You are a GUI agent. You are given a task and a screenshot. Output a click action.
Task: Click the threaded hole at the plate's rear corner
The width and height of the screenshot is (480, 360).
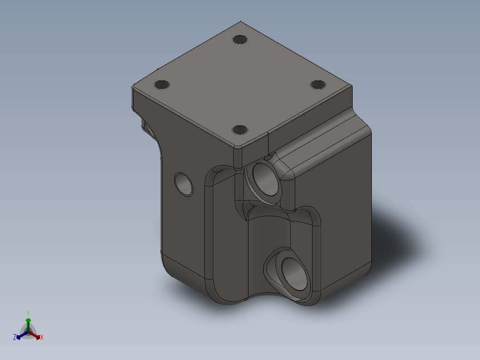click(240, 39)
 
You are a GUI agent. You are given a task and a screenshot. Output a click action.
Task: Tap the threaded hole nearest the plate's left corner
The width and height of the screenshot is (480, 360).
click(162, 84)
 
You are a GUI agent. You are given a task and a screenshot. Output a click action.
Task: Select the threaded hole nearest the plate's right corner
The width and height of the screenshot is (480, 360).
click(318, 84)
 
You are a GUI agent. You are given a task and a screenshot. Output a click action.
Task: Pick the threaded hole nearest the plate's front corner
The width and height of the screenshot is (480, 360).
click(240, 130)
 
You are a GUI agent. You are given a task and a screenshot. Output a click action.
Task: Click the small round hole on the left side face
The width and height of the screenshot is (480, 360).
click(183, 183)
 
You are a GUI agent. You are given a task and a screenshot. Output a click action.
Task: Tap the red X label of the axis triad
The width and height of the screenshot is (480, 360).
click(41, 338)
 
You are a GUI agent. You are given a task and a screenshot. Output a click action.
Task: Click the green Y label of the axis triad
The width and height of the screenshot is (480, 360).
click(28, 313)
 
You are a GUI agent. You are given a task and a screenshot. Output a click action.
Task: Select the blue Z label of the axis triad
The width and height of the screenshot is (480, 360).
click(15, 338)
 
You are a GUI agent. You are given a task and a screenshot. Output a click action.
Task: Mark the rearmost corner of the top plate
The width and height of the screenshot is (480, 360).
click(240, 21)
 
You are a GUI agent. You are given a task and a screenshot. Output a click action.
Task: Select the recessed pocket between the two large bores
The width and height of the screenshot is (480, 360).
click(267, 232)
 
